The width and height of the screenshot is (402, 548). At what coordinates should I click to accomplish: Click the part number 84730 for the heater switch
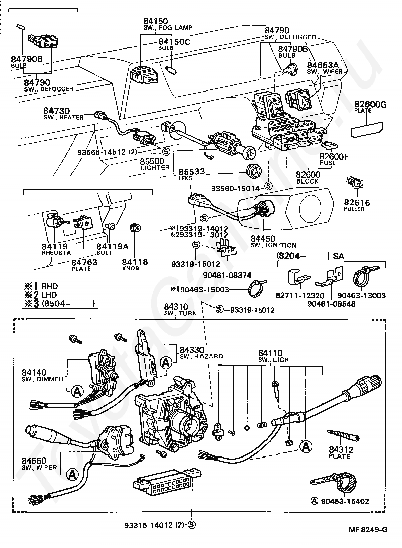56,110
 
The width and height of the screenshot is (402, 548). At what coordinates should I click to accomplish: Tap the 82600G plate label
370,105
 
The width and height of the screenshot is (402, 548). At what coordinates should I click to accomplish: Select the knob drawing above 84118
134,227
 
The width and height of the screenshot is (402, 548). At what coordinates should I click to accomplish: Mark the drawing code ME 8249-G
369,529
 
